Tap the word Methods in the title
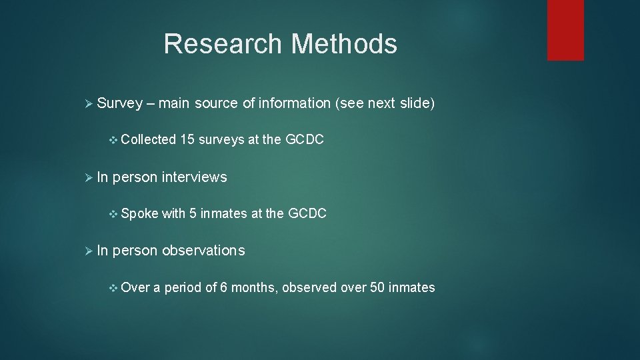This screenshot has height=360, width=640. tap(344, 45)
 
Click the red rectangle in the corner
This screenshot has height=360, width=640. tap(565, 30)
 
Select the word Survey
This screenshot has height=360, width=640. tap(120, 103)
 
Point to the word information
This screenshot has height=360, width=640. tap(294, 103)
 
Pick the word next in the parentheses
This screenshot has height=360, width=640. tap(381, 103)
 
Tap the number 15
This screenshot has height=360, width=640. tap(187, 140)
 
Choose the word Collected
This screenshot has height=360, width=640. tap(149, 140)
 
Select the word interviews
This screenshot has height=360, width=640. tap(195, 177)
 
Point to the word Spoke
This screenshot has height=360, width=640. tap(140, 214)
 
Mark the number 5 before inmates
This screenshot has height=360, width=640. tap(193, 214)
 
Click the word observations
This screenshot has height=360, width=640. tap(203, 251)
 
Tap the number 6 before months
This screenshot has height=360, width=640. tap(225, 288)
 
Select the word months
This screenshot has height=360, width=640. tap(255, 288)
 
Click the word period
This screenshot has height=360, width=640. tap(183, 288)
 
